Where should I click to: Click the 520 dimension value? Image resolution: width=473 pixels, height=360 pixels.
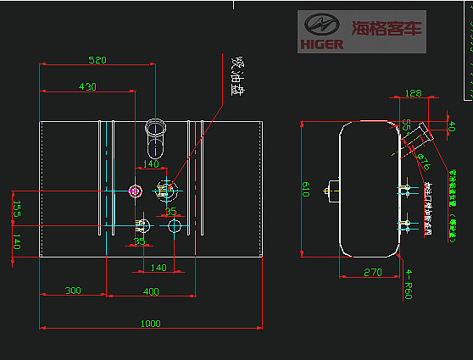tap(97, 60)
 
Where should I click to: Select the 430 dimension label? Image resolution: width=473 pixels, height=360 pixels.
tap(87, 86)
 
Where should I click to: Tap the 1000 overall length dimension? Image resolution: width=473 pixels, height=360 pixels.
tap(150, 323)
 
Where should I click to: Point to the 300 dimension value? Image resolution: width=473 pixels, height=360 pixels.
tap(73, 291)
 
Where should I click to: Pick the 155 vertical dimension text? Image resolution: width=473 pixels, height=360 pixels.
tap(16, 209)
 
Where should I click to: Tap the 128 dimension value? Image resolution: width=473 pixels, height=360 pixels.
tap(413, 93)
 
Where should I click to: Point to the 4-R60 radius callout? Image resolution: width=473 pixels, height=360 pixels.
tap(409, 285)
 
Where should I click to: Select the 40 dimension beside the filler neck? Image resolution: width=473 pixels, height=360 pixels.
tap(451, 127)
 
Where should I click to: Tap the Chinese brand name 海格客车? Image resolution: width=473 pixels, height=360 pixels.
tap(386, 27)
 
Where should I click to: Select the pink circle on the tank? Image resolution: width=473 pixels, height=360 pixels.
tap(134, 191)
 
